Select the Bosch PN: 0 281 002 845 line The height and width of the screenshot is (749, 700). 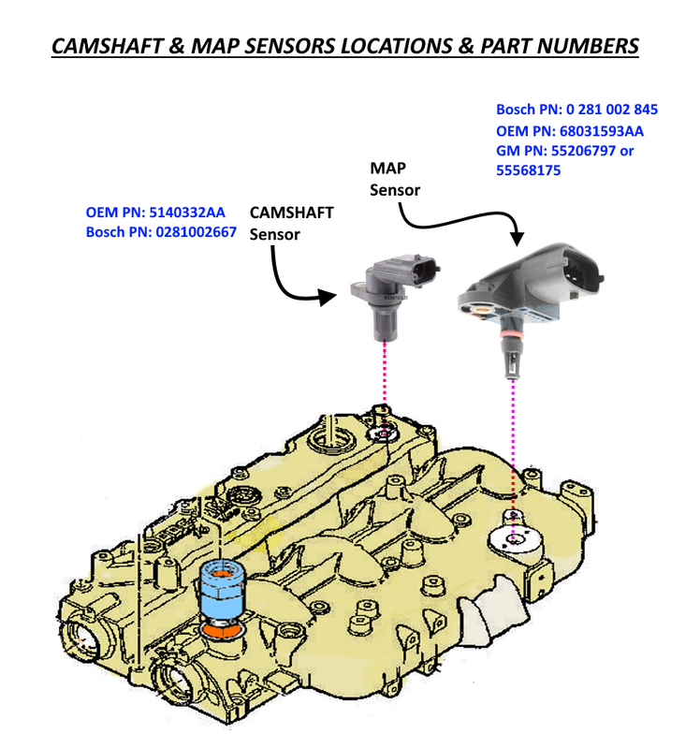(x=576, y=109)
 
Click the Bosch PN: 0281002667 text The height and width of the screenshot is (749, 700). (x=161, y=233)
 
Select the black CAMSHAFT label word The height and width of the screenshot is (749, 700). (x=292, y=213)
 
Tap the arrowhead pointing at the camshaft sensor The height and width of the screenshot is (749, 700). (x=328, y=297)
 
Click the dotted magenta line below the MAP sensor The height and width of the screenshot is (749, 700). (x=512, y=440)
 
